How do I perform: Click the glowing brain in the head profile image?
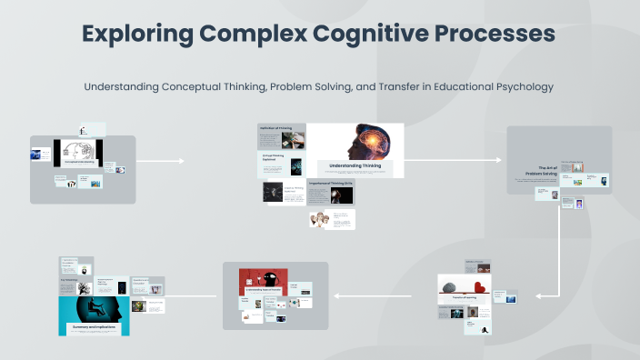[x=362, y=139]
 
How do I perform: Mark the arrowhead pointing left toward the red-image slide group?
[x=335, y=295]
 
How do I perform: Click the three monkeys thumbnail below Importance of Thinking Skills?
[x=319, y=219]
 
